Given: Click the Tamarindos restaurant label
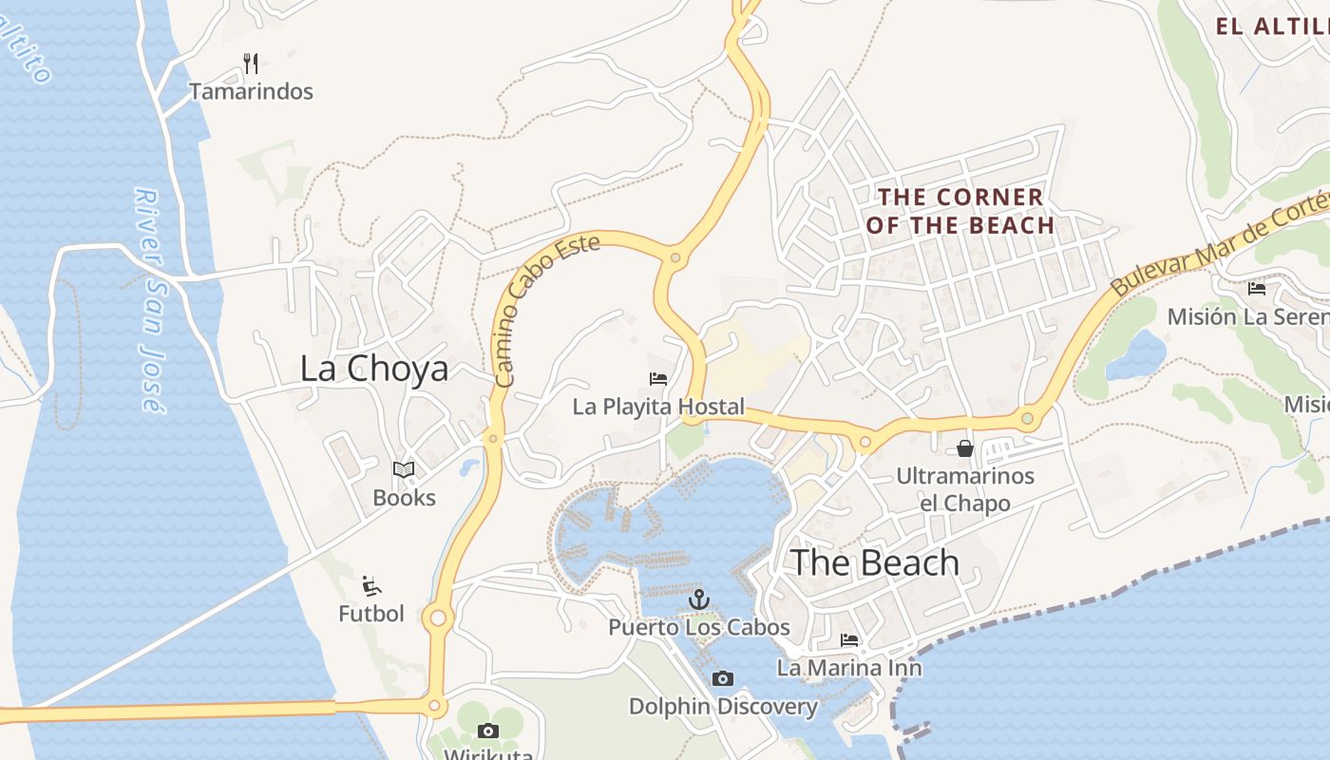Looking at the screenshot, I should pos(251,91).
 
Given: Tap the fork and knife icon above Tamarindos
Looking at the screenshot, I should pos(251,64).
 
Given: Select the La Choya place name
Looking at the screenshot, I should pos(373,369).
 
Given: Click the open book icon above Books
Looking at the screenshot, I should pos(404,469).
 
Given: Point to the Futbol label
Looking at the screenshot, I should pos(371,614).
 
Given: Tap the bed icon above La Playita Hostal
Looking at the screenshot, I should pos(658,379).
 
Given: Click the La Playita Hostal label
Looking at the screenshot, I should pos(658,407).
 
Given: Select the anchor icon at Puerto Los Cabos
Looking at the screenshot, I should pos(699,599).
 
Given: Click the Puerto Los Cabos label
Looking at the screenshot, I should pos(699,627).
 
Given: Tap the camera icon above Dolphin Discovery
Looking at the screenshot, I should pos(723,678).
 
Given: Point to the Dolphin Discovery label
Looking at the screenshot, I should pos(723,706).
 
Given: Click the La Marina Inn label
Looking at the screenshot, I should pos(849,668).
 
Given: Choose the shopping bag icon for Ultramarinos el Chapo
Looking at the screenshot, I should pos(965,448).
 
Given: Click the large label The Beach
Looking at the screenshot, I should pos(875,562).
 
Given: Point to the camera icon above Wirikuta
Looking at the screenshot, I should pos(488,731).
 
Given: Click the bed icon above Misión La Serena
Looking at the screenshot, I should pos(1257,288).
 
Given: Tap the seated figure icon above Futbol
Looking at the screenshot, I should pos(371,585).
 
